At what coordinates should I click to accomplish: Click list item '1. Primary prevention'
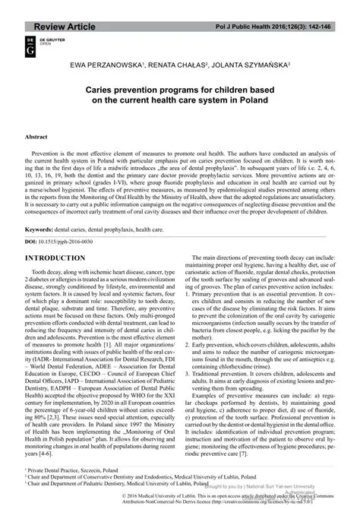[x=228, y=313]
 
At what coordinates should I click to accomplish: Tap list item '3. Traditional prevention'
[x=232, y=396]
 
